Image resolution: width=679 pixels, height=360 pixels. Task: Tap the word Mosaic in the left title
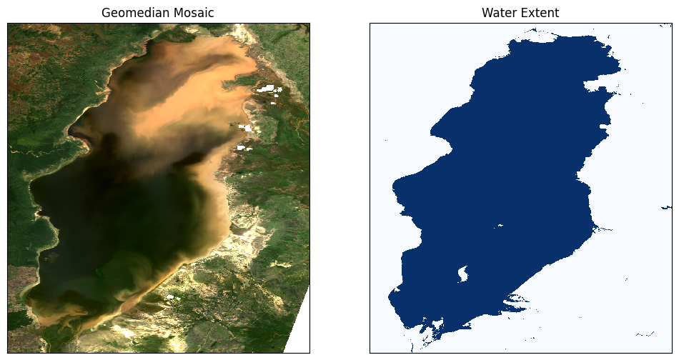(189, 13)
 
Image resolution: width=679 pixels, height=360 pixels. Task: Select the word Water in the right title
(499, 13)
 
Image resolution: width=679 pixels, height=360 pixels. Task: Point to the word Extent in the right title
(540, 13)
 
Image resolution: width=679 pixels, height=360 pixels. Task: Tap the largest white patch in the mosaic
(268, 89)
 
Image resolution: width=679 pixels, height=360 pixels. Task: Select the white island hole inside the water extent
(462, 273)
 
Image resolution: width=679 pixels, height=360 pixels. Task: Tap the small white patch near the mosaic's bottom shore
(170, 296)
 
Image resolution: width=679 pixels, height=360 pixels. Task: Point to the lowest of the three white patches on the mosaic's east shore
(240, 148)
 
